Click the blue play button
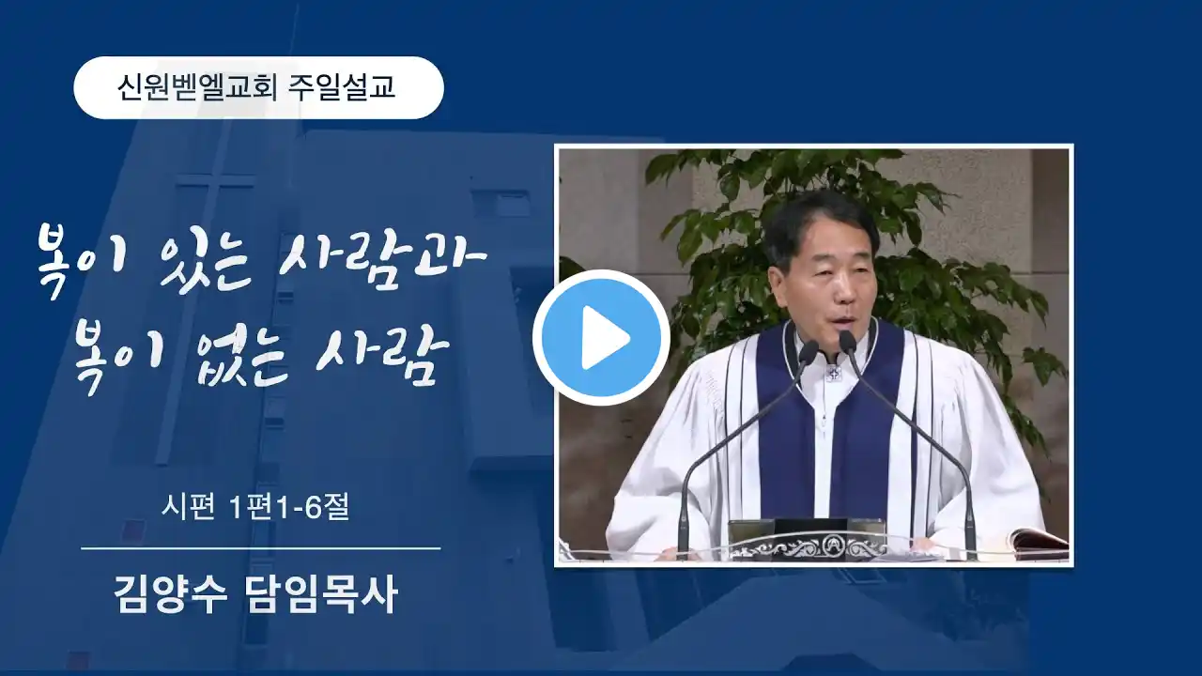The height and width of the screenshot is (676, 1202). pyautogui.click(x=601, y=337)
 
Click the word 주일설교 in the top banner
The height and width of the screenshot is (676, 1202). pyautogui.click(x=342, y=87)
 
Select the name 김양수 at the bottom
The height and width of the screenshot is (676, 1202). pyautogui.click(x=170, y=595)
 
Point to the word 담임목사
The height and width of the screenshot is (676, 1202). pyautogui.click(x=320, y=595)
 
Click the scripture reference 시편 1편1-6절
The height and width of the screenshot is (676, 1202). pyautogui.click(x=256, y=506)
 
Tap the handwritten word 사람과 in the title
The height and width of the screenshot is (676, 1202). pyautogui.click(x=382, y=261)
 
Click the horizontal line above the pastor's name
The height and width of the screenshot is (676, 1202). pyautogui.click(x=261, y=548)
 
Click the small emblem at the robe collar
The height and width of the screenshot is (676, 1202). pyautogui.click(x=833, y=373)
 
